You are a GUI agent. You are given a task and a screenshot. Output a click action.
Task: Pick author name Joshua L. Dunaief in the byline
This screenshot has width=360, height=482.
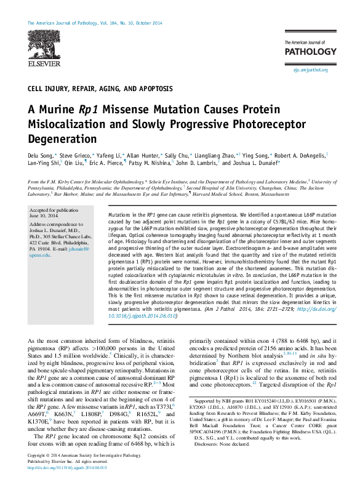coord(254,163)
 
